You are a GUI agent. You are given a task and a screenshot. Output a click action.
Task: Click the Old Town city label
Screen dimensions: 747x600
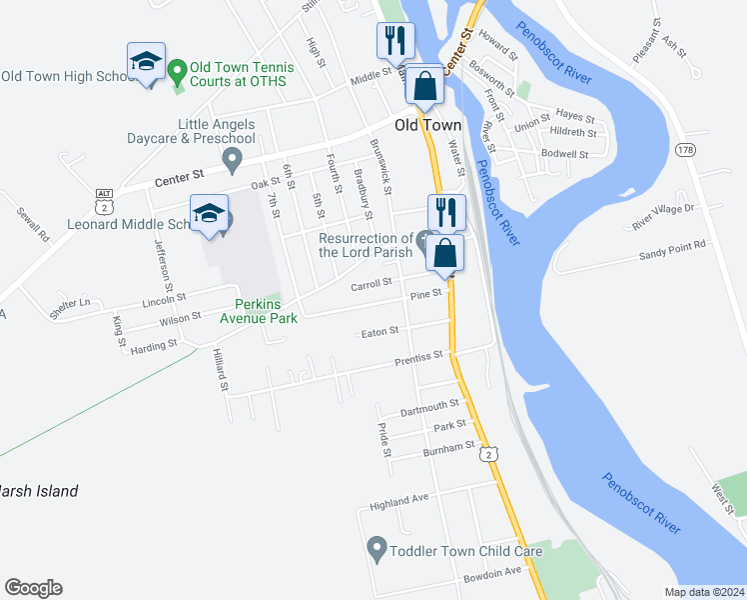point(427,125)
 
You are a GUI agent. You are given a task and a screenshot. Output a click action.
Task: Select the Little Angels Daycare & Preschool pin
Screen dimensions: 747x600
point(233,157)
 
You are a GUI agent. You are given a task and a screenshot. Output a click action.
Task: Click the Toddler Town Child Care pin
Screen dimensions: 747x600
point(376,548)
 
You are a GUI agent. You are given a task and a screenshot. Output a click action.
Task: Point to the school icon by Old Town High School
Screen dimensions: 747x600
point(147,61)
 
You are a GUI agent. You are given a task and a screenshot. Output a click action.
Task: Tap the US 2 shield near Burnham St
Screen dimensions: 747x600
point(487,454)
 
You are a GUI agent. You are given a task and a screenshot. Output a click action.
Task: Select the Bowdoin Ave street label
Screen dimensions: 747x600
point(493,574)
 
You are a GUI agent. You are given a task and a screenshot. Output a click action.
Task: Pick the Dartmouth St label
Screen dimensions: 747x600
point(428,407)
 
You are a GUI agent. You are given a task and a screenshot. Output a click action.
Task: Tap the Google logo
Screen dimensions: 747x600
point(33,588)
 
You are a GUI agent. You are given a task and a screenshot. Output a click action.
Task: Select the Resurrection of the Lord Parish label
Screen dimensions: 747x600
point(366,245)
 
